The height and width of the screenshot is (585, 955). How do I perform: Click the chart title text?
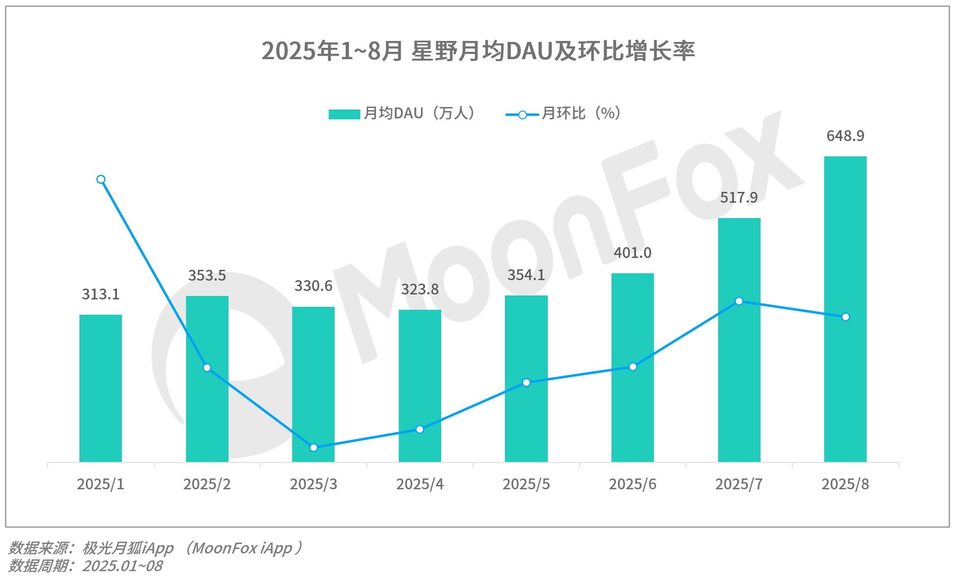pyautogui.click(x=478, y=51)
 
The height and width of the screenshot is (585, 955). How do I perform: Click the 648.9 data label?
pyautogui.click(x=845, y=136)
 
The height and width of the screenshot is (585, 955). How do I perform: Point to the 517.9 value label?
pyautogui.click(x=738, y=197)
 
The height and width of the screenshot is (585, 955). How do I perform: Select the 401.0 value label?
pyautogui.click(x=632, y=253)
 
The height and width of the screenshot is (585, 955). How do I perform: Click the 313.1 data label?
pyautogui.click(x=101, y=294)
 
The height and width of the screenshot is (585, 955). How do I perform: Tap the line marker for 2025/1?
pyautogui.click(x=101, y=180)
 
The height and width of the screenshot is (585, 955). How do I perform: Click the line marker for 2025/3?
pyautogui.click(x=313, y=447)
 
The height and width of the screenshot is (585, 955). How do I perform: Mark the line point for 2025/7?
pyautogui.click(x=739, y=301)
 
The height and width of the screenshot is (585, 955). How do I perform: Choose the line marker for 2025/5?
pyautogui.click(x=526, y=382)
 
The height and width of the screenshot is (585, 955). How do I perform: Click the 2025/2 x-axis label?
pyautogui.click(x=207, y=484)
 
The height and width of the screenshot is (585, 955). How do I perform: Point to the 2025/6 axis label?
pyautogui.click(x=632, y=484)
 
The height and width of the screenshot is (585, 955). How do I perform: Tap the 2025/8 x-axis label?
pyautogui.click(x=845, y=484)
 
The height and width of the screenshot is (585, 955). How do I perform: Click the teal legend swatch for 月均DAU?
pyautogui.click(x=344, y=114)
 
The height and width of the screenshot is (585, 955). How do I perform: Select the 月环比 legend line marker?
pyautogui.click(x=522, y=115)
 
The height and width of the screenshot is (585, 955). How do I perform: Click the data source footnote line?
pyautogui.click(x=155, y=548)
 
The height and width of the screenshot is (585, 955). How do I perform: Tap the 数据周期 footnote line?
pyautogui.click(x=85, y=566)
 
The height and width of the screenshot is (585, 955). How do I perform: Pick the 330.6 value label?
pyautogui.click(x=313, y=286)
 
